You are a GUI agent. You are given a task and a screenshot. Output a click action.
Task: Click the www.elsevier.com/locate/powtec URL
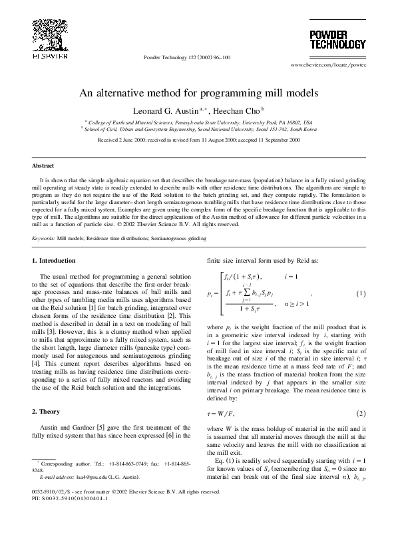(x=328, y=67)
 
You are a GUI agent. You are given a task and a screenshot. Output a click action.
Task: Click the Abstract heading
(x=43, y=165)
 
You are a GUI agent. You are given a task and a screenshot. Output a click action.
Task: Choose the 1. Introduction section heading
(x=55, y=260)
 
